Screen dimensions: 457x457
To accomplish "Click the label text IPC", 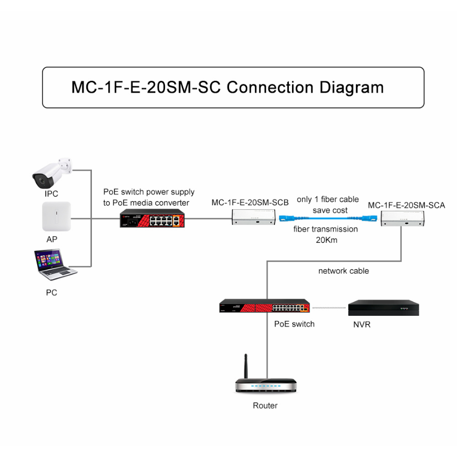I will click(x=51, y=194).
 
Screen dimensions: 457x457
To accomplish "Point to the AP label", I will click(x=52, y=239).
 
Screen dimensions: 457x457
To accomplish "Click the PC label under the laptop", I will click(x=51, y=292).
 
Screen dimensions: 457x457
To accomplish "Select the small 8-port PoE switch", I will click(x=149, y=219).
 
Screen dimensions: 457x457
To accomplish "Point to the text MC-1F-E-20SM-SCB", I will click(x=250, y=203).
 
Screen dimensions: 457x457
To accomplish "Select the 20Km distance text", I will click(x=327, y=240).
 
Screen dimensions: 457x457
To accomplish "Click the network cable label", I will click(x=343, y=271).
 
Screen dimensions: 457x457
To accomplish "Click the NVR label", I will click(x=362, y=324).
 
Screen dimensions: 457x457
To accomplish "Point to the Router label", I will click(x=265, y=406).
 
